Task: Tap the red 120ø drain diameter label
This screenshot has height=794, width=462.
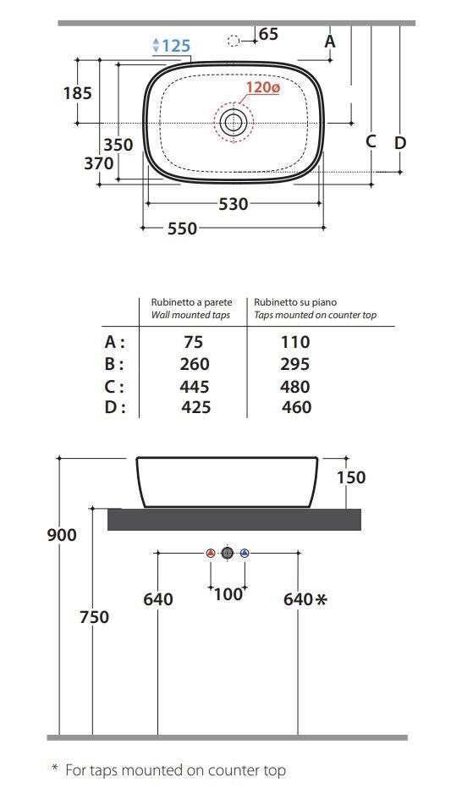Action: (262, 87)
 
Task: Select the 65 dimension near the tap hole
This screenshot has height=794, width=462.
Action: (268, 34)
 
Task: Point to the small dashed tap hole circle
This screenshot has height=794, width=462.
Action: (234, 41)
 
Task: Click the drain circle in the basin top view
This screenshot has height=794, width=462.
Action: (234, 122)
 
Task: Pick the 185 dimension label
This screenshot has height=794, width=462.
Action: (77, 93)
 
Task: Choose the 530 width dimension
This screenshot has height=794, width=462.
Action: (234, 204)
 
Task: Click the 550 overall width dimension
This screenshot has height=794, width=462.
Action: (182, 229)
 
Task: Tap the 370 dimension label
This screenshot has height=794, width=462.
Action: (99, 163)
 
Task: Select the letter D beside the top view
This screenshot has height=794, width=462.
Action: (400, 143)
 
